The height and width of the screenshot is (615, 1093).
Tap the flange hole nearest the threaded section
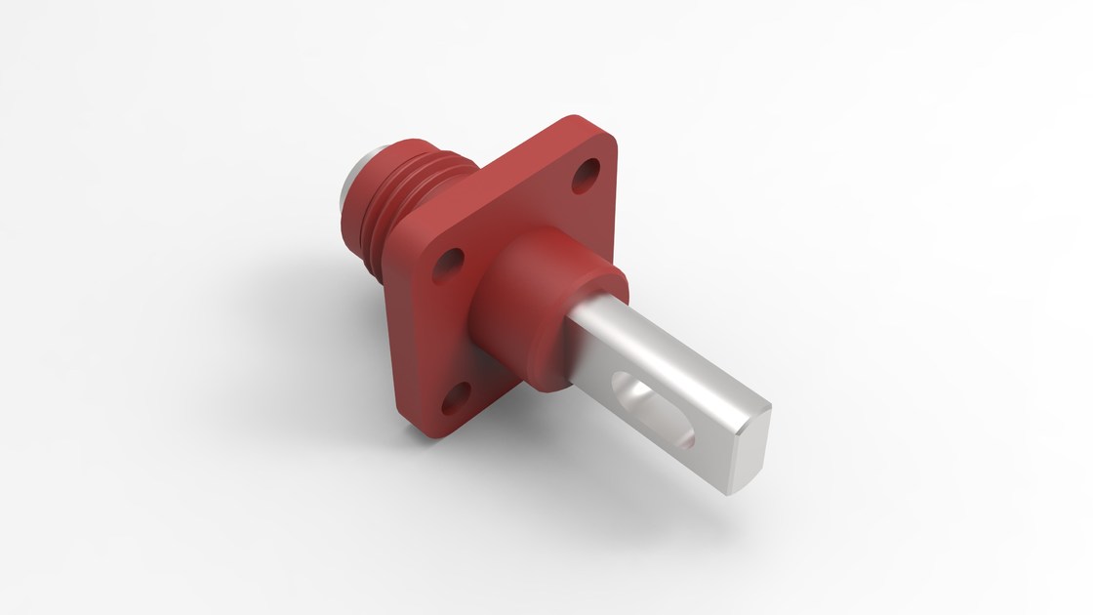point(449,262)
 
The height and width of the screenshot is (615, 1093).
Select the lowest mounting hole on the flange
point(455,398)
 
